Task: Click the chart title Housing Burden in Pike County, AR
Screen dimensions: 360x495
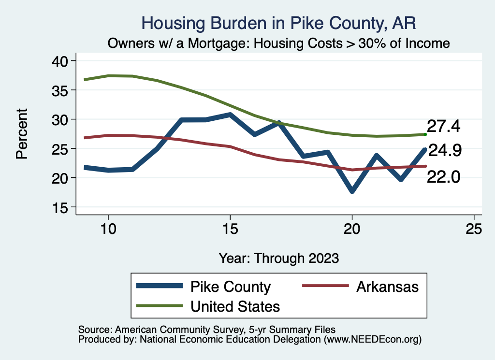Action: pos(278,23)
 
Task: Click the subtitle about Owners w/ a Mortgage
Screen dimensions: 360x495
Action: pos(278,43)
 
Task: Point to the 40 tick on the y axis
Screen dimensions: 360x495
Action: pos(63,61)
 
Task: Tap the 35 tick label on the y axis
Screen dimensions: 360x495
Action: pos(63,90)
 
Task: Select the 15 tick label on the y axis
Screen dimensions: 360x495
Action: pos(63,207)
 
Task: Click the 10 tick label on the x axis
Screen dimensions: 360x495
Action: pos(108,229)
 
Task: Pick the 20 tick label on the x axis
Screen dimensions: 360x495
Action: pos(352,229)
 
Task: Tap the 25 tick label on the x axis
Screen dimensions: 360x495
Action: pos(474,229)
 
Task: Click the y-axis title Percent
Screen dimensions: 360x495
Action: pos(21,134)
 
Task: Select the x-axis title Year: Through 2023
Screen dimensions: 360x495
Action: pos(278,258)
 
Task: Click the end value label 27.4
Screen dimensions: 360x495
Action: pos(443,127)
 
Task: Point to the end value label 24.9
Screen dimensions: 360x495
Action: pos(445,151)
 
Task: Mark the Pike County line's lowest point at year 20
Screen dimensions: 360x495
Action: pos(352,191)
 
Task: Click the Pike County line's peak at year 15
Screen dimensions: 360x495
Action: pos(230,115)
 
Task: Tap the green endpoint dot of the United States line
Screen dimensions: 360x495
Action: pos(425,134)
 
